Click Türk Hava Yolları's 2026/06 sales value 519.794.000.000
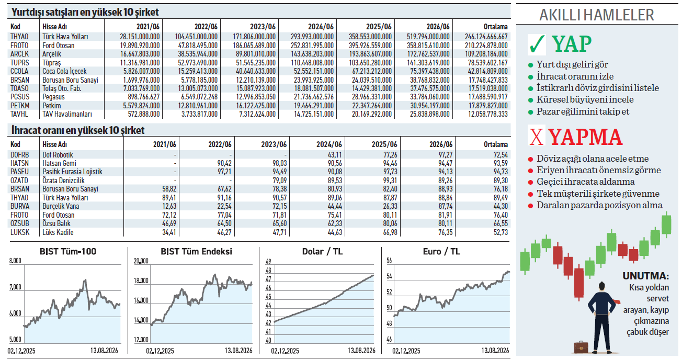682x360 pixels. point(428,37)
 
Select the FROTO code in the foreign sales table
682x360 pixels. point(19,46)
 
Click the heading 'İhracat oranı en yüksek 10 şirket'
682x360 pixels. point(78,130)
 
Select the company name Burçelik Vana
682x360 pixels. point(61,206)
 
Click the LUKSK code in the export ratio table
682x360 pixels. point(20,232)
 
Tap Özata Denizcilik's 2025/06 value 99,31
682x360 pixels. point(390,181)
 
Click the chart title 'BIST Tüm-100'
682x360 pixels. point(68,252)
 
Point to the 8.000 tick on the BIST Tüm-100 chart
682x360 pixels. point(15,261)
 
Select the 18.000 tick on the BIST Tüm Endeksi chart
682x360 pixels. point(141,280)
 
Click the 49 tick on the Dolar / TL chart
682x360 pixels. point(268,262)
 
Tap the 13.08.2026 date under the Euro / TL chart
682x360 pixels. point(495,351)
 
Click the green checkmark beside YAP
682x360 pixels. point(537,44)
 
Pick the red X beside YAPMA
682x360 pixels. point(536,137)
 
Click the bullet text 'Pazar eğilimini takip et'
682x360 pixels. point(583,112)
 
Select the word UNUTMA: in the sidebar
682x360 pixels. point(645,276)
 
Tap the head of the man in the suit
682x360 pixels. point(601,286)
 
